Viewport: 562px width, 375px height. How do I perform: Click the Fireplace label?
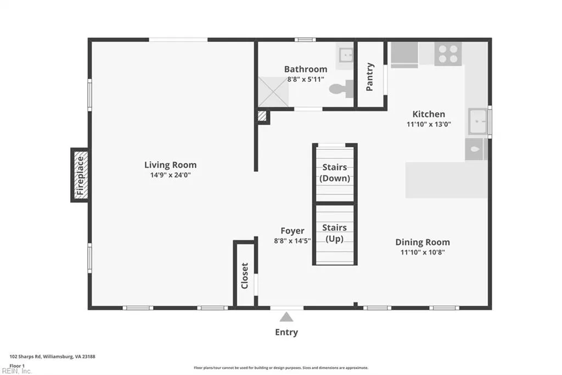tap(80, 175)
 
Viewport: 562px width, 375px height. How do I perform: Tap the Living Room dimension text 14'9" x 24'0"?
tap(170, 175)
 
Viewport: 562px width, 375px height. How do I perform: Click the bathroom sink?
tap(346, 55)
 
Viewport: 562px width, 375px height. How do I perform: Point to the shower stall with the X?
tap(273, 92)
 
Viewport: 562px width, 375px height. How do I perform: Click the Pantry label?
tap(370, 76)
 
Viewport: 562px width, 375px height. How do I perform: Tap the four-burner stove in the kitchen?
tap(448, 54)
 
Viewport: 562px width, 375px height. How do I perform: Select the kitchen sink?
tap(478, 122)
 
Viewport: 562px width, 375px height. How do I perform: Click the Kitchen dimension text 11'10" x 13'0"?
tap(429, 124)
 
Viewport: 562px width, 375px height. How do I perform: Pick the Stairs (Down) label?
tap(334, 173)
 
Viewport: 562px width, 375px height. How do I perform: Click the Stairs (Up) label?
tap(334, 233)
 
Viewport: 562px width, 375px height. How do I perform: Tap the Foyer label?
tap(293, 230)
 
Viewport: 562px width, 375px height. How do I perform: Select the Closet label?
tap(245, 275)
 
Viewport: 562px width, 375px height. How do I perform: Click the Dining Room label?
tap(423, 242)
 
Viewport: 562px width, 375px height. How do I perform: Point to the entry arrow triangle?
tap(286, 317)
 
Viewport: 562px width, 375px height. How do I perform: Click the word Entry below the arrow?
tap(286, 332)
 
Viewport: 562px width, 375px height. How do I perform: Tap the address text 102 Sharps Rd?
tap(25, 357)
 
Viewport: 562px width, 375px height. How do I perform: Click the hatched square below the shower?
tap(262, 116)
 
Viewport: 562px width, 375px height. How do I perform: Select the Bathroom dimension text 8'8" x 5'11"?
tap(306, 79)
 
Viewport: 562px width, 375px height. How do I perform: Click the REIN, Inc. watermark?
tap(16, 371)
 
